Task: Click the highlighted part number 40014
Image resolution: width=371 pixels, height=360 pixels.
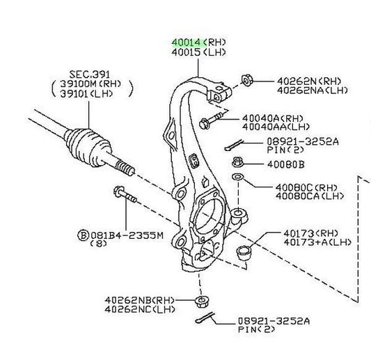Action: click(x=186, y=42)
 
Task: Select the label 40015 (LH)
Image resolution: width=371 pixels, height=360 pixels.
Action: click(x=199, y=52)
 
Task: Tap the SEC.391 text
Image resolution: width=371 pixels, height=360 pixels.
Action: click(x=90, y=75)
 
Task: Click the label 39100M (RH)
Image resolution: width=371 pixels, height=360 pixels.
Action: click(x=90, y=84)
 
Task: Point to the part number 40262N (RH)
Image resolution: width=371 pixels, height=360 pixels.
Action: click(x=309, y=81)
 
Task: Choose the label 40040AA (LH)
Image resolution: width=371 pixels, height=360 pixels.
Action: click(x=276, y=127)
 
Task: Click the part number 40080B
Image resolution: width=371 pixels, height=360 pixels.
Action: click(x=286, y=164)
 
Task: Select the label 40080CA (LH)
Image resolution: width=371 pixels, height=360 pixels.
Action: click(x=310, y=196)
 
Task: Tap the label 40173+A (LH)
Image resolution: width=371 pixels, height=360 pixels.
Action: click(x=317, y=242)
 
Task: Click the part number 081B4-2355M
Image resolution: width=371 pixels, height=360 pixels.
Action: click(x=127, y=235)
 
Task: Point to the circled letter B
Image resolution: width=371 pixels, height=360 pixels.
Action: click(x=84, y=236)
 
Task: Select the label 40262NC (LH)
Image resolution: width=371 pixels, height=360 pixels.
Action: click(x=140, y=309)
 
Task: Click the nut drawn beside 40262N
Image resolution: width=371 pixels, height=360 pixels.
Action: click(x=247, y=81)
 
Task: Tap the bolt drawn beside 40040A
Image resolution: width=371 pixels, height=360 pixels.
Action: click(x=211, y=120)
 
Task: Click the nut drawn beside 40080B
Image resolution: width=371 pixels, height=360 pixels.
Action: click(x=237, y=163)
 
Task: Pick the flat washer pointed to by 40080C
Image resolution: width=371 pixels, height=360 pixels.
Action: click(x=237, y=177)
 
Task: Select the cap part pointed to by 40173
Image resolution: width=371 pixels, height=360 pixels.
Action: click(x=244, y=253)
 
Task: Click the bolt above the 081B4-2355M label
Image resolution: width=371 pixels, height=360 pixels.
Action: click(x=125, y=194)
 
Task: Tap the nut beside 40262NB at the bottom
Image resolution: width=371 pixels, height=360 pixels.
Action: click(x=201, y=302)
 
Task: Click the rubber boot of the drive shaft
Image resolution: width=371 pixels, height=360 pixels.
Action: click(x=88, y=148)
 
